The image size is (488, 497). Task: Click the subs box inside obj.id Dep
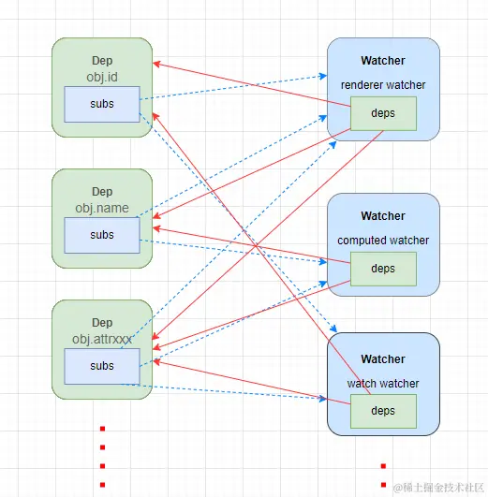pyautogui.click(x=102, y=104)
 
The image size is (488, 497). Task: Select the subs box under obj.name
pyautogui.click(x=102, y=235)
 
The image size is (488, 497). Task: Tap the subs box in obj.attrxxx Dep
pyautogui.click(x=102, y=366)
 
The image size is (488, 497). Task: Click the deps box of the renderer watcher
pyautogui.click(x=383, y=113)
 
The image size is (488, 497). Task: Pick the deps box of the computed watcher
pyautogui.click(x=383, y=269)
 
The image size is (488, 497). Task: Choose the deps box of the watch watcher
pyautogui.click(x=383, y=411)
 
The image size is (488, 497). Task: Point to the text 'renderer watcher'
pyautogui.click(x=383, y=85)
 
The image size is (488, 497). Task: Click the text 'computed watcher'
pyautogui.click(x=383, y=241)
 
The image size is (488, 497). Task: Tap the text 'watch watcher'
pyautogui.click(x=383, y=383)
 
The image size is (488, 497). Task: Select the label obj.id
pyautogui.click(x=102, y=75)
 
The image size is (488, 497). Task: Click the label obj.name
pyautogui.click(x=102, y=206)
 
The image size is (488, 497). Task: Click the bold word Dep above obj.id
pyautogui.click(x=102, y=60)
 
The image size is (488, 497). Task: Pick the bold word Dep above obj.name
pyautogui.click(x=102, y=192)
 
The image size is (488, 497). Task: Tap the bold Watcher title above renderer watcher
pyautogui.click(x=383, y=61)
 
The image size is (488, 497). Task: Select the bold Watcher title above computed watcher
pyautogui.click(x=383, y=216)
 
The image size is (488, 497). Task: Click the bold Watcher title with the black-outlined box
pyautogui.click(x=383, y=358)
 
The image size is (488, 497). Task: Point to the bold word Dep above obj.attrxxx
pyautogui.click(x=102, y=323)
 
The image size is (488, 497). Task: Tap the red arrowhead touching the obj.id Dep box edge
pyautogui.click(x=156, y=64)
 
